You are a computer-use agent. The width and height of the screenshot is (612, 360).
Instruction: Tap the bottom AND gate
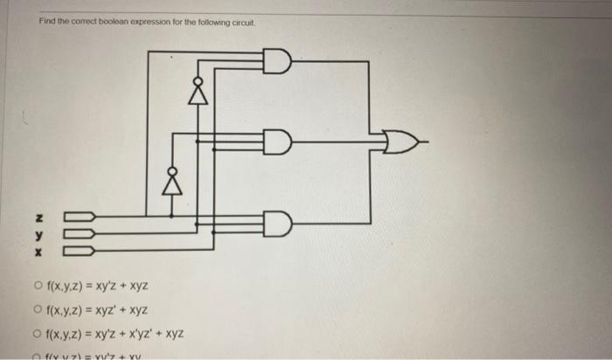point(277,224)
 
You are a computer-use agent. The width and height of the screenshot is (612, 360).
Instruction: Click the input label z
point(38,217)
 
